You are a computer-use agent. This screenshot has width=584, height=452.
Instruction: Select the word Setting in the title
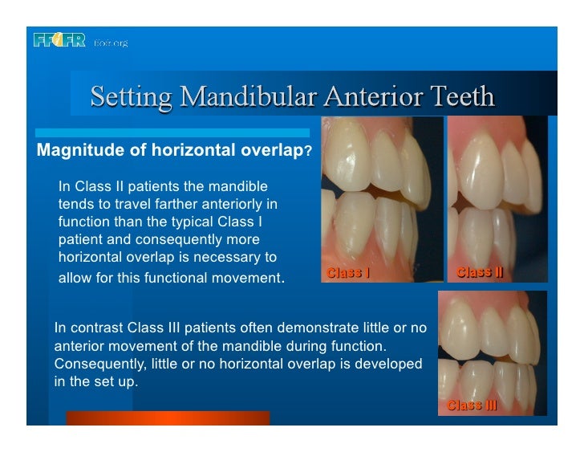pyautogui.click(x=130, y=96)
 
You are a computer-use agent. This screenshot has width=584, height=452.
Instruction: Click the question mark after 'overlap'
pyautogui.click(x=309, y=151)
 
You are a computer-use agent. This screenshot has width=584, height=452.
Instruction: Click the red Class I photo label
pyautogui.click(x=348, y=272)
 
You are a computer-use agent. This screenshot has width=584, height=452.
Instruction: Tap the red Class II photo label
pyautogui.click(x=479, y=272)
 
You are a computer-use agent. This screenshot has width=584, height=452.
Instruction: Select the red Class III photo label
pyautogui.click(x=472, y=405)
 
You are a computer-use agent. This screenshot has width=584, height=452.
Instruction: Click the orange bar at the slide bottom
pyautogui.click(x=168, y=417)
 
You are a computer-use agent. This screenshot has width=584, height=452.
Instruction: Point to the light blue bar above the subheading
pyautogui.click(x=168, y=132)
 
